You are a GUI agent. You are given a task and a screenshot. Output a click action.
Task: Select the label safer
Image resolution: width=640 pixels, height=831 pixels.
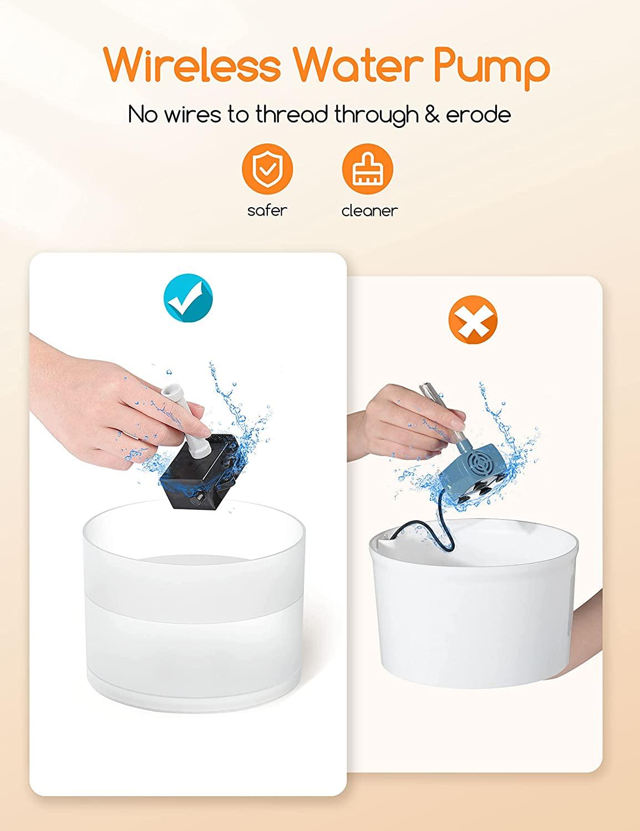[x=267, y=211]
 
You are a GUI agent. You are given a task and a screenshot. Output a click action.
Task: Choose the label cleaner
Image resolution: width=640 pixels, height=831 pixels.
[x=369, y=211]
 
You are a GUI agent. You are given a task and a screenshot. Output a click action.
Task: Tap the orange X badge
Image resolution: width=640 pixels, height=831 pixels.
[x=473, y=320]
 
